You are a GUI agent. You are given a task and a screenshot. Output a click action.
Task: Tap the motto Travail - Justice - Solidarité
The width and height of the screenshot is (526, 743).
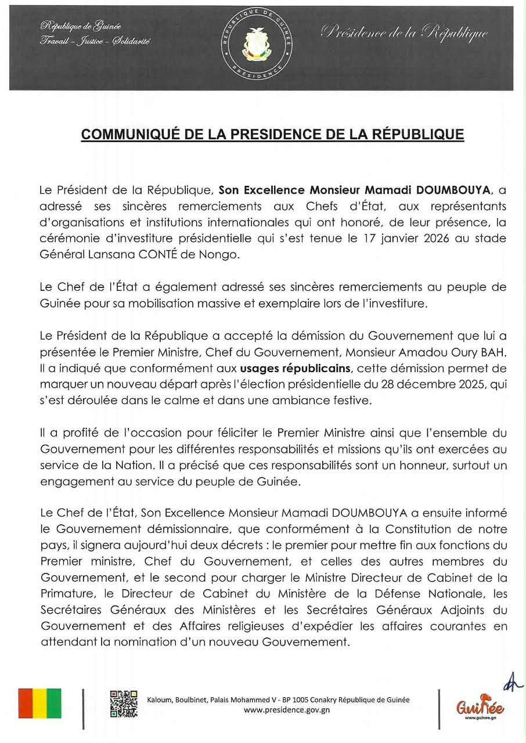coord(95,41)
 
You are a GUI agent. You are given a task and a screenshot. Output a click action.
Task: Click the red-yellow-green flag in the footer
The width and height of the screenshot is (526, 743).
coord(39,704)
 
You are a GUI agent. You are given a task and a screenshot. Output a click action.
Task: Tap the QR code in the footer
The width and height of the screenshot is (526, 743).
coord(124,704)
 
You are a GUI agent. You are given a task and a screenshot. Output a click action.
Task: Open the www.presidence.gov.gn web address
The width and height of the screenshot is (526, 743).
coord(279,710)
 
